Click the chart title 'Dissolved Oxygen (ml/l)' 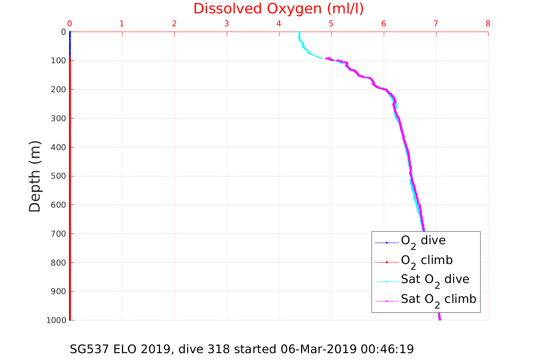click(x=279, y=9)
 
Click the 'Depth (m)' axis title click(x=35, y=176)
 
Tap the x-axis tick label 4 click(x=279, y=24)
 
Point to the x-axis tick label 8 click(x=488, y=24)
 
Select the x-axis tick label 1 click(x=122, y=24)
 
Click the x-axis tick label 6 click(x=383, y=24)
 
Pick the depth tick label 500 click(x=58, y=176)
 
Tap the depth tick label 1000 click(x=56, y=320)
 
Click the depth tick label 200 click(x=58, y=90)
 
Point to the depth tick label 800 click(x=58, y=262)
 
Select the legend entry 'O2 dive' click(x=423, y=241)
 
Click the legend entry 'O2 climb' click(x=427, y=261)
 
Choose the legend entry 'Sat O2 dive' click(x=435, y=280)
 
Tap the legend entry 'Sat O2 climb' click(x=438, y=300)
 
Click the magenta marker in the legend click(x=387, y=301)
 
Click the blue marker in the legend click(x=387, y=243)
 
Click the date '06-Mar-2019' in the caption click(x=319, y=349)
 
